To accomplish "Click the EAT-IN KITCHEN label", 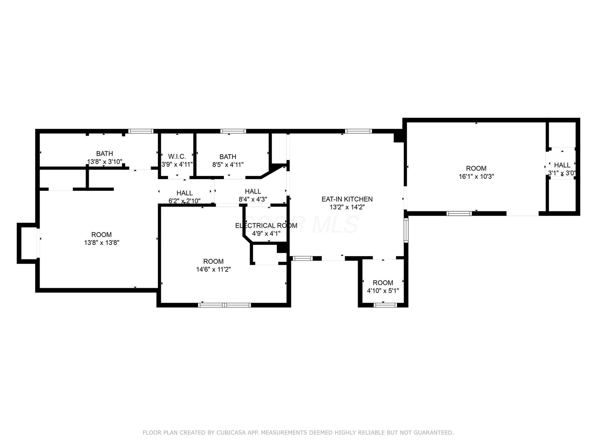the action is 347,199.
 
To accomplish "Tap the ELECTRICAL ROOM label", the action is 266,225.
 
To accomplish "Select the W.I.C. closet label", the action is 177,156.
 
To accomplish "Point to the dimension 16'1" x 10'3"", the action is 476,176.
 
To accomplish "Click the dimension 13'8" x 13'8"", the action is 101,242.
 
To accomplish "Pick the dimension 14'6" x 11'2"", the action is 213,269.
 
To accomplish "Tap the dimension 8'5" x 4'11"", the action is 228,165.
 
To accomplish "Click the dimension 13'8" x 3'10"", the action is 104,162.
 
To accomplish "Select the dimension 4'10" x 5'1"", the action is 383,290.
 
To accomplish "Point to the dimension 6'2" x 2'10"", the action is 184,201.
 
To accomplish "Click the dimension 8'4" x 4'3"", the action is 253,199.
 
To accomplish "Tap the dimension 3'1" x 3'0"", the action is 562,173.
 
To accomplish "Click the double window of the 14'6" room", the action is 224,305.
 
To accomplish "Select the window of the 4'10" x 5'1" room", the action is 385,305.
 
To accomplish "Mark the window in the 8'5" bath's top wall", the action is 233,131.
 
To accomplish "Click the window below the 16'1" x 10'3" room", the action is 459,214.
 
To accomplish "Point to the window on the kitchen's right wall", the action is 406,230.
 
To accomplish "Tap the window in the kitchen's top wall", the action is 359,131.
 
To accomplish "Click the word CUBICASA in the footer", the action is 231,432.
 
